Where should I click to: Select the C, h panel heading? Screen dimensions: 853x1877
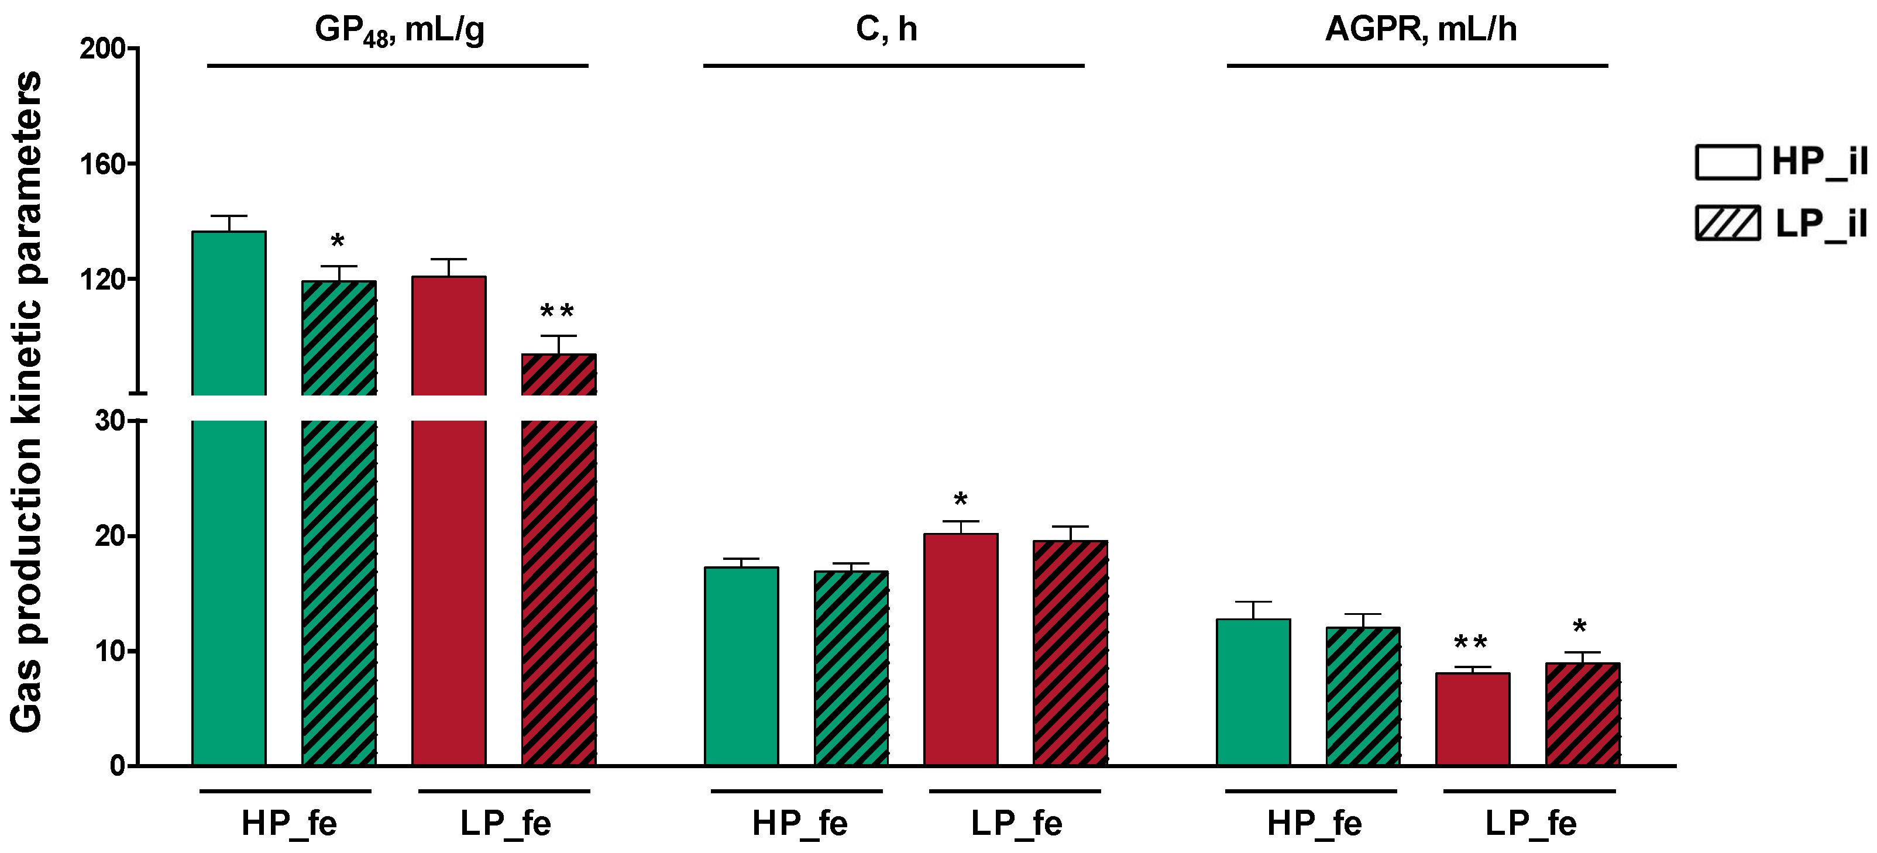click(886, 29)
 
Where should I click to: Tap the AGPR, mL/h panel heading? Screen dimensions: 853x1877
click(1420, 29)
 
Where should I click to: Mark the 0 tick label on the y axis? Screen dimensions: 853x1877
click(117, 766)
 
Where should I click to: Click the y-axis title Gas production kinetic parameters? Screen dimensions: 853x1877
click(27, 401)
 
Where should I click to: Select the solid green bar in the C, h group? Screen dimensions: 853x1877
click(741, 666)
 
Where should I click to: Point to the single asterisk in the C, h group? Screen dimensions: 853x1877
click(960, 500)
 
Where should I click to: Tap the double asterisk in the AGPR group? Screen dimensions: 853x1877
click(1470, 643)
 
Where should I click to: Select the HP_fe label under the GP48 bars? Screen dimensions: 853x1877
click(288, 824)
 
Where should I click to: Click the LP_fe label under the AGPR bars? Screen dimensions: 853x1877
click(1530, 824)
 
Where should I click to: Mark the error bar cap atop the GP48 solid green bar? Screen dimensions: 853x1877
click(229, 216)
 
